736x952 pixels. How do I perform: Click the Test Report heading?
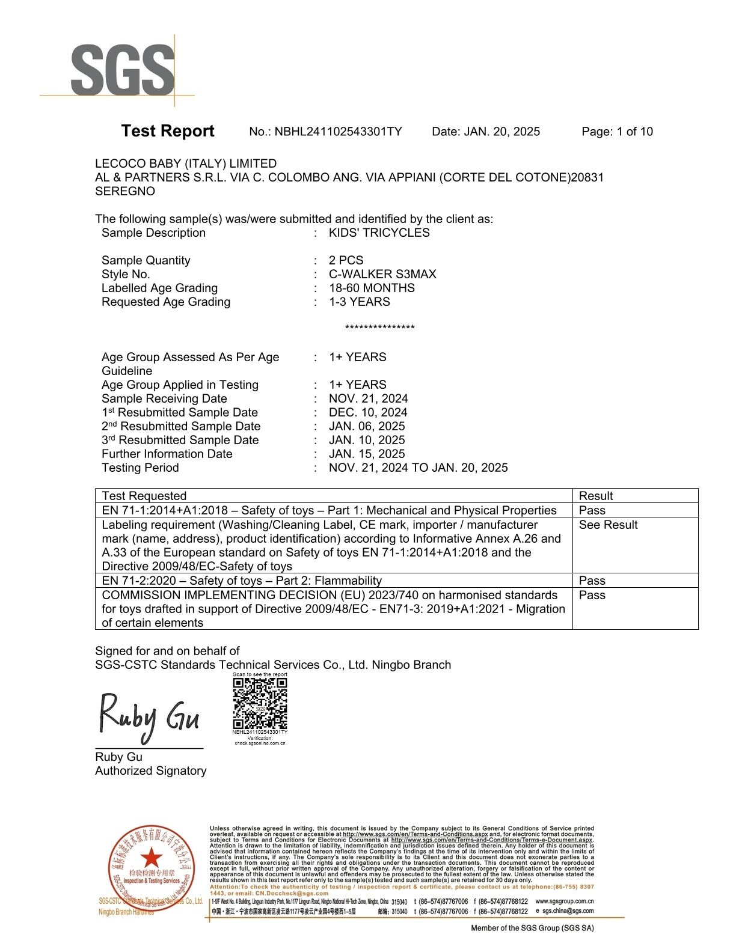167,131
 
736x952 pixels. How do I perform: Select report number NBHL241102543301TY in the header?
338,132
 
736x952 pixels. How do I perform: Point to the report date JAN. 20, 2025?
501,132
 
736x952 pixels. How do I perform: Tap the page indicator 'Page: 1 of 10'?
617,132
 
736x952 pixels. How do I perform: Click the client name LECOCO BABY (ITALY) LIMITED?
186,163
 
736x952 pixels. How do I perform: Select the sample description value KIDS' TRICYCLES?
379,233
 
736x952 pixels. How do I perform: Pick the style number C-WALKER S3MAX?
382,274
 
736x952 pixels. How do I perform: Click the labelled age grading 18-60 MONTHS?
372,288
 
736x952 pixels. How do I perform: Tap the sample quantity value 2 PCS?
346,260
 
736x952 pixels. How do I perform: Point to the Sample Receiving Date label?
164,398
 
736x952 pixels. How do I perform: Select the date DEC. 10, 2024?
367,412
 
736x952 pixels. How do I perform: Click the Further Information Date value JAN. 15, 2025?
367,454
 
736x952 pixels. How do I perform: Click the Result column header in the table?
595,496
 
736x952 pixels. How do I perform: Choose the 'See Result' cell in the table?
608,525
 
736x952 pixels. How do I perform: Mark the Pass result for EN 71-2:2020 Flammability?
592,581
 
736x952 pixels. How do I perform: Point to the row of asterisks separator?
379,328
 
